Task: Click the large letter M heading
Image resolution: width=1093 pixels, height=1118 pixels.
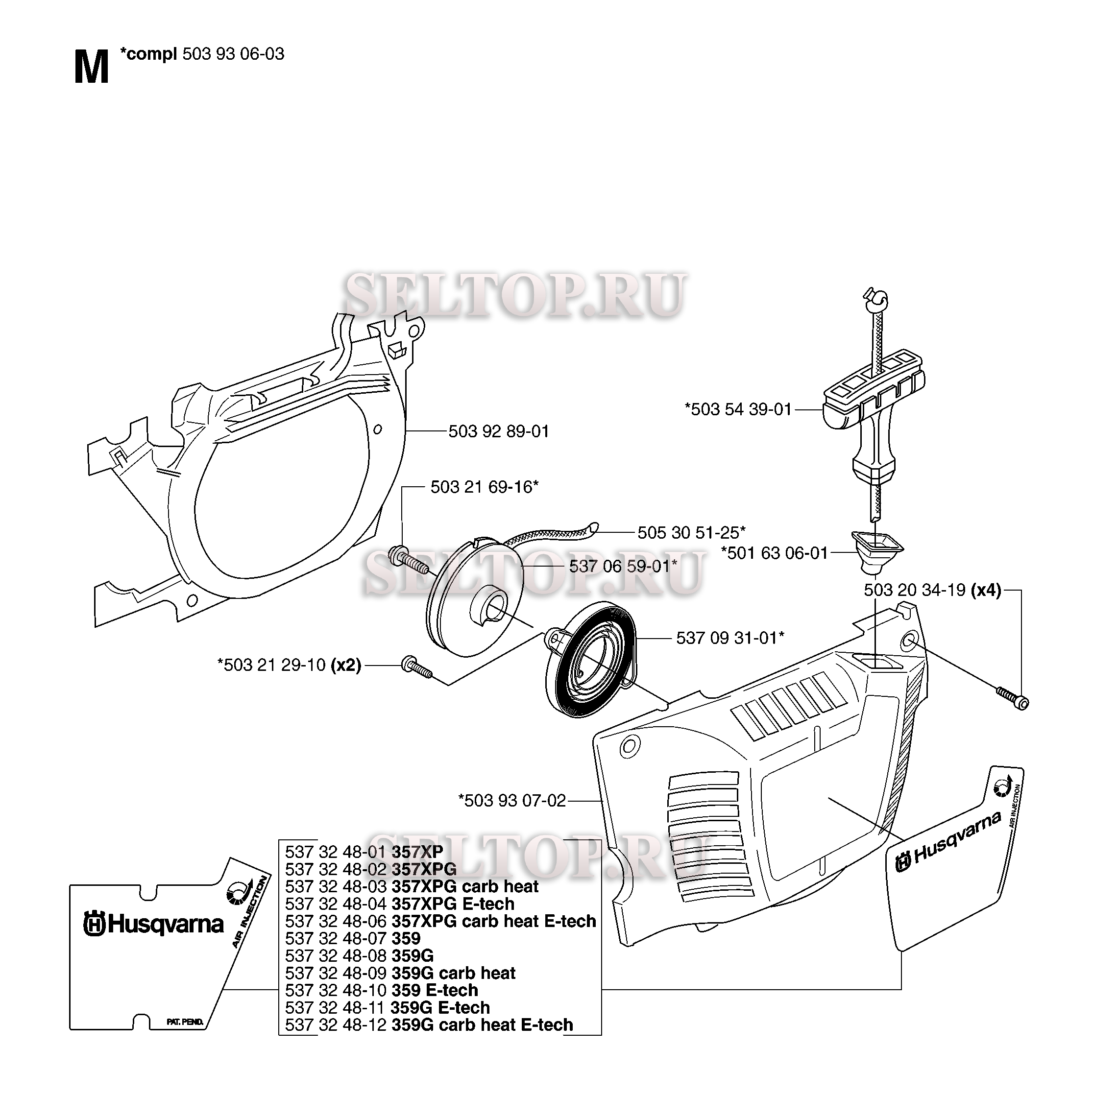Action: tap(92, 68)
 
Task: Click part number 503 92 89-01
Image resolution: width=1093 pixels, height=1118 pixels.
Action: tap(499, 431)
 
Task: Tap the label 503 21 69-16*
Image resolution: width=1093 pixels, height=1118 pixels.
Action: tap(485, 487)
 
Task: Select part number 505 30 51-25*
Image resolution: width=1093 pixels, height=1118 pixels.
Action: tap(692, 533)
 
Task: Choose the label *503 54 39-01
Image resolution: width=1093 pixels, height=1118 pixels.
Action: tap(738, 409)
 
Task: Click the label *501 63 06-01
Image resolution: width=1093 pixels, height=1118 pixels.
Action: tap(775, 553)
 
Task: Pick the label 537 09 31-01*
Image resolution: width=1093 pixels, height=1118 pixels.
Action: tap(730, 638)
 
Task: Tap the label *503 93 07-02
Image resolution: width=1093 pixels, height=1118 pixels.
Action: tap(512, 801)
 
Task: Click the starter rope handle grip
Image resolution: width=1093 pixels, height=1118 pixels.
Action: tap(873, 413)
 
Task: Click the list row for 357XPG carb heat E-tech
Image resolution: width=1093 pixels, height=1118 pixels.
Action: tap(440, 921)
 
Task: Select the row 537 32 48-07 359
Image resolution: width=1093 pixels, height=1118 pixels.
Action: tap(352, 938)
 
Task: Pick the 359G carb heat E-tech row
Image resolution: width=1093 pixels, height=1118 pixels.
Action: tap(429, 1024)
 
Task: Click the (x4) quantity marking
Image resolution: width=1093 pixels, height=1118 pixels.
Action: tap(986, 590)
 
